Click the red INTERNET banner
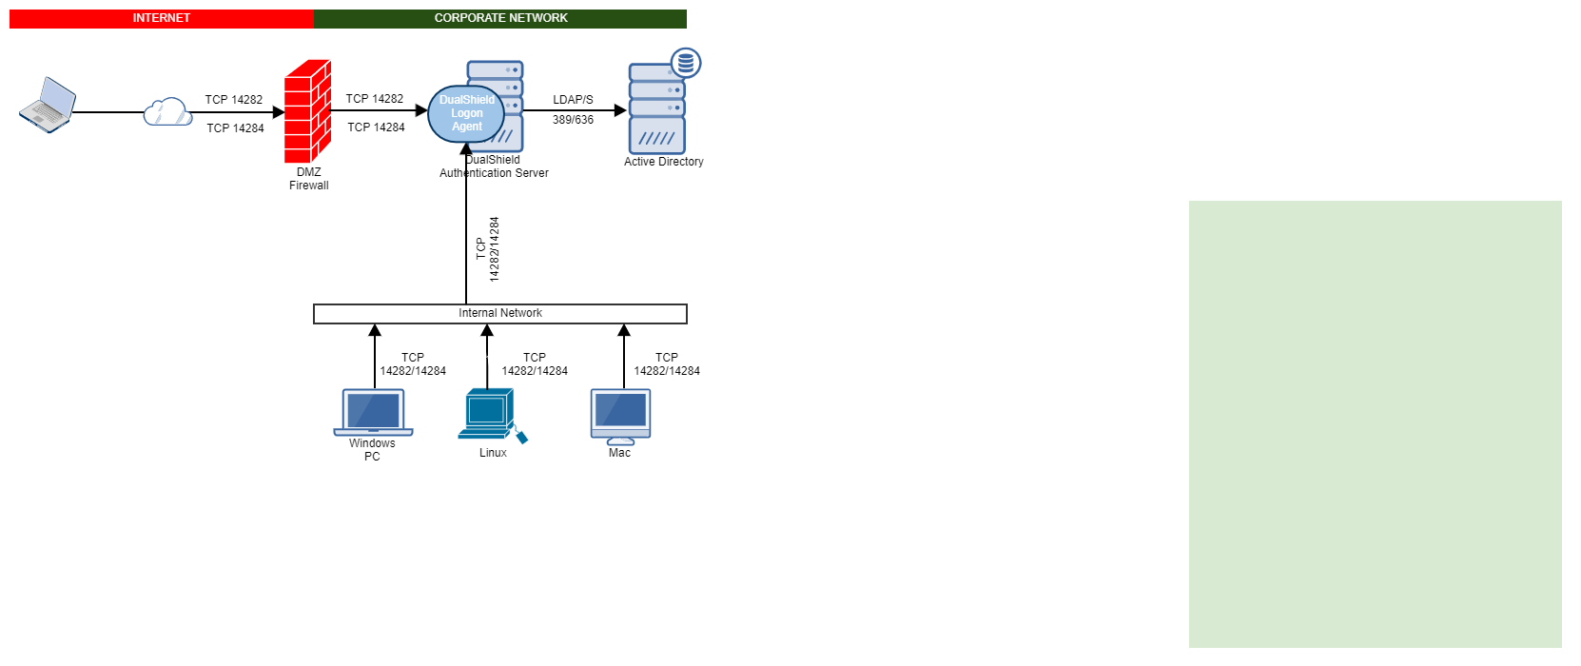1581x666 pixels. pos(161,18)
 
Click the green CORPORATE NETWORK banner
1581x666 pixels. pos(500,18)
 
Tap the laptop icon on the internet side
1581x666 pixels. pos(48,106)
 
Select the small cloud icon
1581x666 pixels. pos(167,112)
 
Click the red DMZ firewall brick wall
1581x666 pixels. pos(307,111)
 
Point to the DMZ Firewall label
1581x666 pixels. pos(309,179)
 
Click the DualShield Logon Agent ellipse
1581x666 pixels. pos(466,113)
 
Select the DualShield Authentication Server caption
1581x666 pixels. pos(494,167)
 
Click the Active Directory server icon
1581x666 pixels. pos(656,109)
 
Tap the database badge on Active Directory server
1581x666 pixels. pos(686,63)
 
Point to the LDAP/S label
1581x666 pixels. pos(573,100)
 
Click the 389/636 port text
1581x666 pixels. pos(573,120)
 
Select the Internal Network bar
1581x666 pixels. pos(500,313)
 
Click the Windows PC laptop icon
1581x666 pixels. pos(373,412)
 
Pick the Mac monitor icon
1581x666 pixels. pos(620,416)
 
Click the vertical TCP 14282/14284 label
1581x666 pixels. pos(488,249)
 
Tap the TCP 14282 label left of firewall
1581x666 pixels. pos(234,100)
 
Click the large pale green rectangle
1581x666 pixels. pos(1375,423)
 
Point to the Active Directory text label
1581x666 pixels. pos(664,162)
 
